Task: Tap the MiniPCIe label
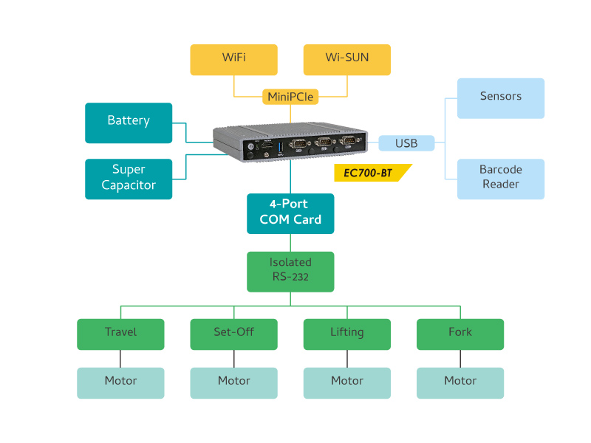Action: pyautogui.click(x=290, y=97)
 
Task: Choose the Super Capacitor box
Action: pyautogui.click(x=129, y=179)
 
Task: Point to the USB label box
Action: pyautogui.click(x=406, y=143)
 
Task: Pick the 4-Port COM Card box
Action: pyautogui.click(x=290, y=213)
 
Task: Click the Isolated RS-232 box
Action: pyautogui.click(x=290, y=271)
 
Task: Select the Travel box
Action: pyautogui.click(x=120, y=334)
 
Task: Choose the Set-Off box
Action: pyautogui.click(x=233, y=334)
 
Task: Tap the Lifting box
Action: pyautogui.click(x=346, y=334)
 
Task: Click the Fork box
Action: pyautogui.click(x=460, y=334)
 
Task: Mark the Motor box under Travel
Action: pyautogui.click(x=120, y=382)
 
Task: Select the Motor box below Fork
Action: pyautogui.click(x=460, y=382)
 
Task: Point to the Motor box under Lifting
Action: pyautogui.click(x=346, y=382)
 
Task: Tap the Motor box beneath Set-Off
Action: pyautogui.click(x=233, y=382)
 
